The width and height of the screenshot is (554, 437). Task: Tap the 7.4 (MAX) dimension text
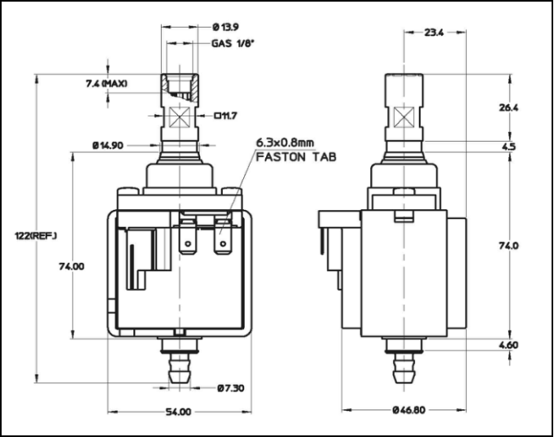click(x=107, y=83)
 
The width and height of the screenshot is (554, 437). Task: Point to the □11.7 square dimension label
click(x=226, y=116)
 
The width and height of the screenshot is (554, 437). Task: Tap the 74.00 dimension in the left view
click(x=71, y=266)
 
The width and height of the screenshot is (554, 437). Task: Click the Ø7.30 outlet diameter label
click(x=230, y=387)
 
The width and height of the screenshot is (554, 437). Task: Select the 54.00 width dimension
click(x=178, y=412)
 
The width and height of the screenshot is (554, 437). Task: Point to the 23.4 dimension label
click(x=434, y=33)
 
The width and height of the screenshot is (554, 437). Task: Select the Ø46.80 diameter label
click(x=408, y=411)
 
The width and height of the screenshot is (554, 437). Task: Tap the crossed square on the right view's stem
click(x=403, y=116)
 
